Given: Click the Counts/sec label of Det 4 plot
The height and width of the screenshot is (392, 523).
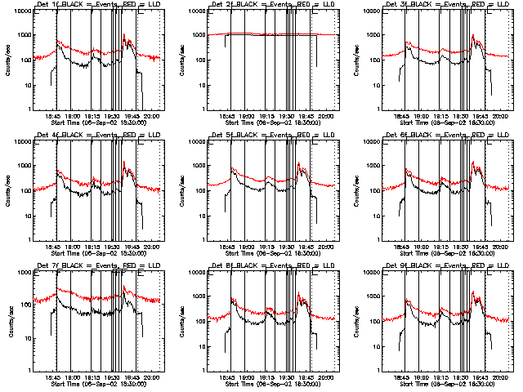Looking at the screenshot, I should (x=9, y=190).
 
